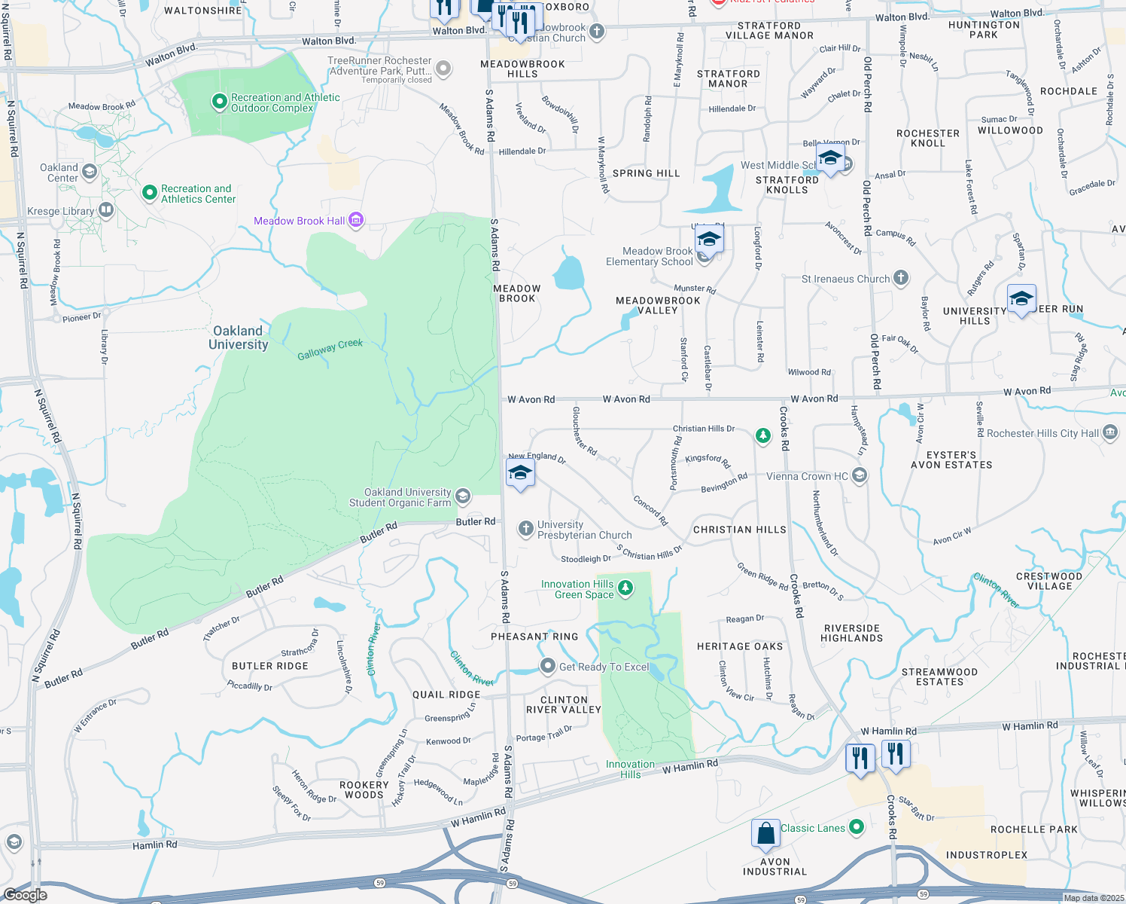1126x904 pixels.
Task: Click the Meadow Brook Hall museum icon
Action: (x=356, y=220)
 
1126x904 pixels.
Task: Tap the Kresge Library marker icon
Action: (x=106, y=210)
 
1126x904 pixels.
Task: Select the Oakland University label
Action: (x=238, y=337)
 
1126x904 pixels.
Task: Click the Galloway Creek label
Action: (x=330, y=349)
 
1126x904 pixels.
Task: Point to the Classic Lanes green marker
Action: (x=857, y=827)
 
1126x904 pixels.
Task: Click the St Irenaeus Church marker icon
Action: (x=901, y=278)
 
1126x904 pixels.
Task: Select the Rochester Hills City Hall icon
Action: (x=1111, y=432)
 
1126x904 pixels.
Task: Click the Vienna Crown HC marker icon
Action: (x=860, y=475)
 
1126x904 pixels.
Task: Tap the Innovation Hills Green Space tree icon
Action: (x=625, y=588)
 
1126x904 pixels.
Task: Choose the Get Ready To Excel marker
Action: (x=548, y=666)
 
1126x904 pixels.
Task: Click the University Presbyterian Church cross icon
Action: (x=526, y=529)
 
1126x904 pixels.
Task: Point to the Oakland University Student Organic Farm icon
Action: (x=463, y=496)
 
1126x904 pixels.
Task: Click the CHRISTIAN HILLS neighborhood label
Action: (x=739, y=530)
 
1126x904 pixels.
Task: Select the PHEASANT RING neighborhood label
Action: (x=534, y=637)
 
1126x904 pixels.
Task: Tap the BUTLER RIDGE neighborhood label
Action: (x=269, y=666)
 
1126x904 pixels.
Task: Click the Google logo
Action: (x=26, y=894)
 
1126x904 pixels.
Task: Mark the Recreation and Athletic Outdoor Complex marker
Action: (x=219, y=101)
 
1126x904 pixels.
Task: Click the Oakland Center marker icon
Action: (x=90, y=172)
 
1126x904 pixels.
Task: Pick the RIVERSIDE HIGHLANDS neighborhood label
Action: (x=851, y=633)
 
